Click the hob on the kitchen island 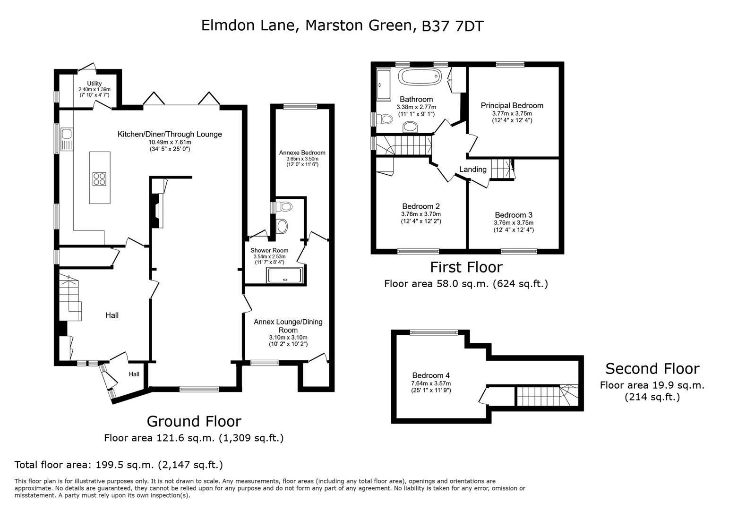100,178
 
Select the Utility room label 94,84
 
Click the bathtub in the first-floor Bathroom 420,76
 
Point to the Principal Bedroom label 512,106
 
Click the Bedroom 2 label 421,206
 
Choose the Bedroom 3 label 514,215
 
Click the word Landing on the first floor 473,170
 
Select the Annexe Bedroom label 302,153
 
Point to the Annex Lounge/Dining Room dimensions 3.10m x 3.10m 288,338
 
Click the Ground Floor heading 194,421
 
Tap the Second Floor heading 652,368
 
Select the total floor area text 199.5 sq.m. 119,465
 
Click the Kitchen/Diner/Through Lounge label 170,134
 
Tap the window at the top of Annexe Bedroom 300,107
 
